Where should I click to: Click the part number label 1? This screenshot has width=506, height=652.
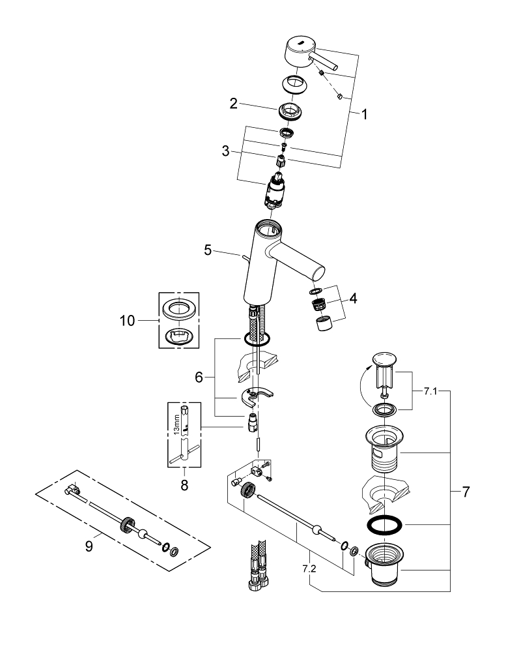tap(364, 115)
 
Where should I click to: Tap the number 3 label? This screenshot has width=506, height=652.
tap(225, 151)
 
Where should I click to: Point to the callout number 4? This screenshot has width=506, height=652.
tap(352, 299)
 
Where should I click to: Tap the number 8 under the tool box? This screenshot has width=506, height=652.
tap(184, 484)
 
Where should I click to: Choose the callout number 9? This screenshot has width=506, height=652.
tap(89, 544)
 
